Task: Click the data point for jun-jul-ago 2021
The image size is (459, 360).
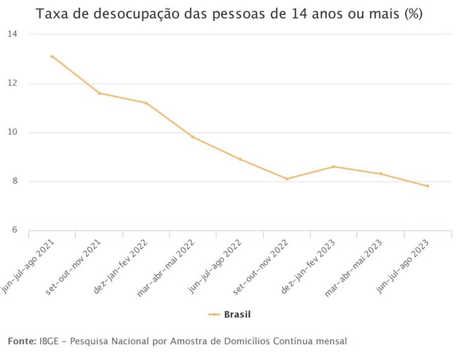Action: point(52,56)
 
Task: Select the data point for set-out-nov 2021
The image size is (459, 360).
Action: point(99,93)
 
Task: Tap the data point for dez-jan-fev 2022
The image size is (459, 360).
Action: point(146,103)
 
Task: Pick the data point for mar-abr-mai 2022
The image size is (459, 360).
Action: point(193,137)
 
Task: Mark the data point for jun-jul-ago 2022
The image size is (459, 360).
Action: point(240,159)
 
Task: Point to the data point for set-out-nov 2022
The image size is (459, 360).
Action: point(287,179)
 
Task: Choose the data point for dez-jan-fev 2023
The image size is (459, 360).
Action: point(334,167)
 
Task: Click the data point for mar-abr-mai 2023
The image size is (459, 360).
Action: point(380,174)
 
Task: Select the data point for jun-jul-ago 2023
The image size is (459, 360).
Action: point(428,186)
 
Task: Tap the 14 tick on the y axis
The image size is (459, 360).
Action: point(12,34)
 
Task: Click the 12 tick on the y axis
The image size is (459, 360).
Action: point(12,83)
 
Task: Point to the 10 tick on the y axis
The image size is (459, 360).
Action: point(12,132)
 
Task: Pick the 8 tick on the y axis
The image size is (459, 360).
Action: point(13,181)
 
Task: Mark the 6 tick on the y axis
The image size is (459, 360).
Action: point(13,231)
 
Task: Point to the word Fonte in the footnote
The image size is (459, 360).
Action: point(22,342)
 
